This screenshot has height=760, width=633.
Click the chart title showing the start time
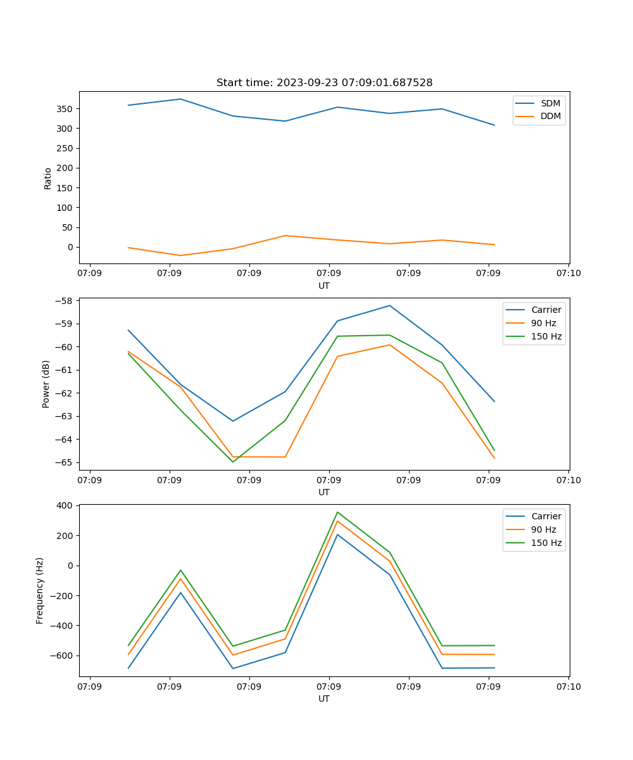pos(324,83)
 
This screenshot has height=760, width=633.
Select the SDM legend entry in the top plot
pos(550,103)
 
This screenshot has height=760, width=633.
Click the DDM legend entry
pos(550,116)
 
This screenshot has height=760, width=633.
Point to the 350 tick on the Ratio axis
pos(65,109)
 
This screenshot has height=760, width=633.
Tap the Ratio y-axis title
pos(48,178)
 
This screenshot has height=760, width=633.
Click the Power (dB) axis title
pos(46,384)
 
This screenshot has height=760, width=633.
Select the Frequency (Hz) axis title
pos(40,590)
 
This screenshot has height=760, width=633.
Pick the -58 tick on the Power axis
pos(65,301)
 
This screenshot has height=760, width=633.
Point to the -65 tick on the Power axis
pos(65,462)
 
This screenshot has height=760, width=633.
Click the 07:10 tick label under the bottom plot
pos(568,686)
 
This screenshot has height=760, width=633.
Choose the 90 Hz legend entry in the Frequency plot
pos(544,529)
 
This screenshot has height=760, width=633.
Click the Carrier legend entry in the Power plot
pos(546,310)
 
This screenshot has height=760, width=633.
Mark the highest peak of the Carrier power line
pos(390,305)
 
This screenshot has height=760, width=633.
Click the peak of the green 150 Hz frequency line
pos(337,512)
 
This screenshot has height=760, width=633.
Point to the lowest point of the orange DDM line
pos(181,255)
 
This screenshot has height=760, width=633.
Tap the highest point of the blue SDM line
pos(181,99)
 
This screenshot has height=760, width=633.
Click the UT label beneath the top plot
pos(324,286)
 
